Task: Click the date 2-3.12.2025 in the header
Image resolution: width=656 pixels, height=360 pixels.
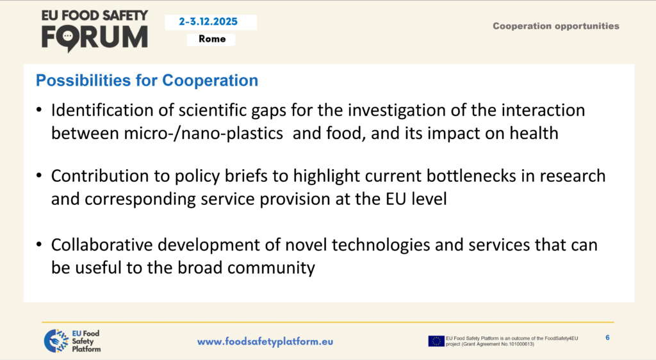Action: pyautogui.click(x=208, y=22)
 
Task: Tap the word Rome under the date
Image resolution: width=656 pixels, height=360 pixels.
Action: pyautogui.click(x=212, y=39)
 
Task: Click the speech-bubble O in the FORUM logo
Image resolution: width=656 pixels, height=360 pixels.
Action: pyautogui.click(x=68, y=38)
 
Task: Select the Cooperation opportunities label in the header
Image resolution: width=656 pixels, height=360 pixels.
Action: pyautogui.click(x=555, y=26)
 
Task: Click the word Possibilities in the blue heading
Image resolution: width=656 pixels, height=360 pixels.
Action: pyautogui.click(x=83, y=80)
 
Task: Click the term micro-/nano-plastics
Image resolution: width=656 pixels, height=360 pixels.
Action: pyautogui.click(x=203, y=133)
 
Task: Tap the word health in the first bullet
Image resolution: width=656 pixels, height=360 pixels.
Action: pyautogui.click(x=534, y=133)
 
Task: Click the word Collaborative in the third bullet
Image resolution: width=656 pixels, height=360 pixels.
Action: pyautogui.click(x=102, y=245)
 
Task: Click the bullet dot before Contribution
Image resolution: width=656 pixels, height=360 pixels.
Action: pyautogui.click(x=39, y=175)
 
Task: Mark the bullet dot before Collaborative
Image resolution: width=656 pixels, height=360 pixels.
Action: pyautogui.click(x=39, y=244)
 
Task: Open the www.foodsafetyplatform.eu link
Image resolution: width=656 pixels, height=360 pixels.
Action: pyautogui.click(x=265, y=341)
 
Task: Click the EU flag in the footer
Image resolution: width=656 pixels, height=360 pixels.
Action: pyautogui.click(x=436, y=341)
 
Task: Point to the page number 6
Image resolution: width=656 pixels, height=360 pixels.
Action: pyautogui.click(x=607, y=338)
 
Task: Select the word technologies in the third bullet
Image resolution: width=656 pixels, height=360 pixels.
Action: pyautogui.click(x=381, y=245)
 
